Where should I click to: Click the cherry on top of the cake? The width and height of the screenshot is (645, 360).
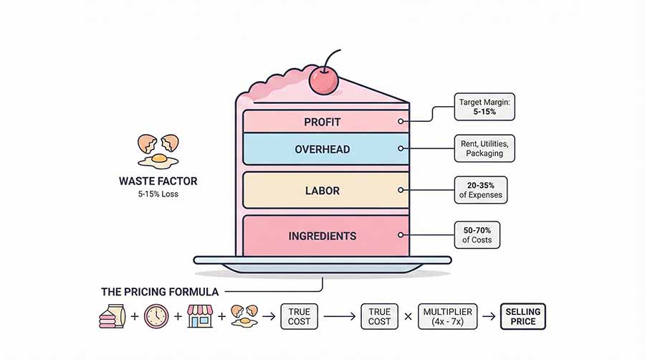point(324,82)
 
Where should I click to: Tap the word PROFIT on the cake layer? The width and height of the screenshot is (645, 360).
point(322,122)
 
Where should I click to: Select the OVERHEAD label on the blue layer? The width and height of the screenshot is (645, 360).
point(322,149)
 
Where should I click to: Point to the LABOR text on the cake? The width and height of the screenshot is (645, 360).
point(322,191)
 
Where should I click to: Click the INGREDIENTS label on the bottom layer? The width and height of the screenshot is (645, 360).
point(322,236)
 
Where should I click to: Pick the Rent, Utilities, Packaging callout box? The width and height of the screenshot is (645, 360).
point(484,148)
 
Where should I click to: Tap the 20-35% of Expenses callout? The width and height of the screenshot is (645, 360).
point(480,189)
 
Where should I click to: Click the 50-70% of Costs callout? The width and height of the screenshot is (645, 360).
point(477,235)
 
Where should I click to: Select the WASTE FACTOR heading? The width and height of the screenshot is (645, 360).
point(158,181)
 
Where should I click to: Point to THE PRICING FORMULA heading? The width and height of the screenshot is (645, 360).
point(161,292)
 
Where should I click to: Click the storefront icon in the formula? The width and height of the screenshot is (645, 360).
point(200,316)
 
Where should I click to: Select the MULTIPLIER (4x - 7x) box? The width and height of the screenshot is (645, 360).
point(448,316)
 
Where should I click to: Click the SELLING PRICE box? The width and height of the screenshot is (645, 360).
point(522,316)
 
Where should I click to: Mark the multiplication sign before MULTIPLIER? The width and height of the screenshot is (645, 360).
point(407,316)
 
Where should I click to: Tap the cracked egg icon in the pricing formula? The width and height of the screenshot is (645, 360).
point(244,316)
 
